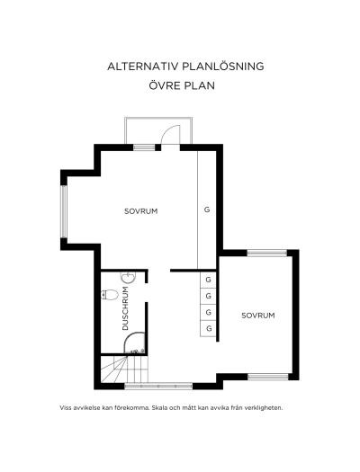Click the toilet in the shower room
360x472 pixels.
(x=110, y=295)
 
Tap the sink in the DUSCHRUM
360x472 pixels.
(x=129, y=278)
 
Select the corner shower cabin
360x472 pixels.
(x=135, y=343)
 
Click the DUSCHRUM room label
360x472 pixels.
(x=125, y=308)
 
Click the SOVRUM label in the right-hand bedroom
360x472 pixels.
(x=258, y=316)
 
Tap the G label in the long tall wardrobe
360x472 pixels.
(x=207, y=209)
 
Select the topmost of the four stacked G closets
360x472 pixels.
(x=208, y=280)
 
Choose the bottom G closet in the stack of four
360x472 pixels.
(x=209, y=329)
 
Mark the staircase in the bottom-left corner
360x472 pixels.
(x=124, y=370)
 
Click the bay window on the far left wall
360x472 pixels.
(x=64, y=211)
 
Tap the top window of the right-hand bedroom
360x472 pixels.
(x=267, y=253)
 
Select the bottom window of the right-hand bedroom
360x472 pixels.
(x=268, y=377)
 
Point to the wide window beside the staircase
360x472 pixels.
(x=158, y=386)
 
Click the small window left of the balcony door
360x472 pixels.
(x=144, y=147)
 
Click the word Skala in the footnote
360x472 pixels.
(x=159, y=408)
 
